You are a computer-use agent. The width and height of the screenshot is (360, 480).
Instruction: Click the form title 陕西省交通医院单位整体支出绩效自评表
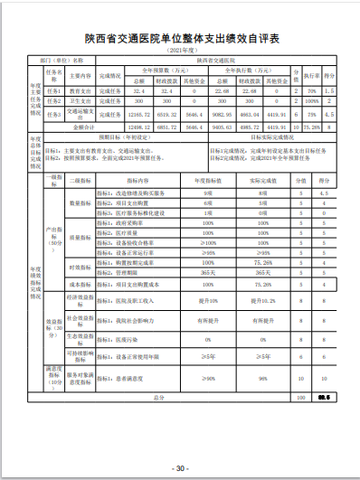[181, 39]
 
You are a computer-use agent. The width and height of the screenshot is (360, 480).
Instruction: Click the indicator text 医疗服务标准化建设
[133, 213]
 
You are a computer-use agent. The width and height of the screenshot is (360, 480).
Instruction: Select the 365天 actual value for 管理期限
[262, 271]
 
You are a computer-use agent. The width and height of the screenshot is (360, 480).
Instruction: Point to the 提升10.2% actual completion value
[262, 296]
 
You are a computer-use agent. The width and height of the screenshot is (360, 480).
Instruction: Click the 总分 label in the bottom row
[158, 396]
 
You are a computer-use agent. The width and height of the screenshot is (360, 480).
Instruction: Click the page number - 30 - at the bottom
[180, 468]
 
